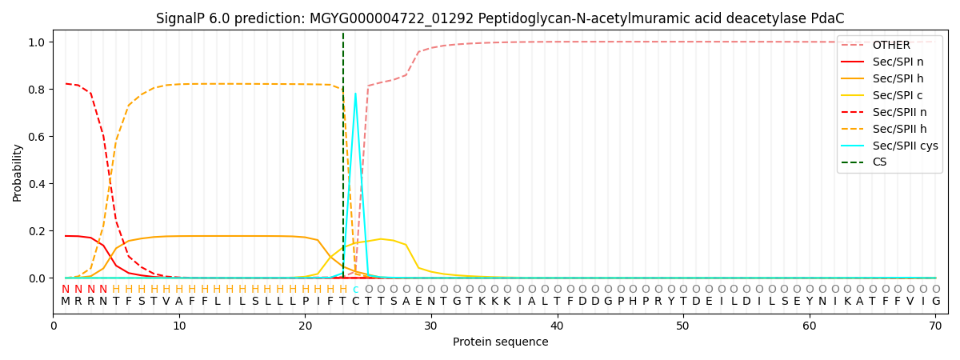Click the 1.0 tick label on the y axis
coord(39,42)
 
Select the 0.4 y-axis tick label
coord(39,184)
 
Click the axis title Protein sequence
coord(501,342)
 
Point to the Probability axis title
coord(18,172)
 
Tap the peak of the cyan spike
coord(355,94)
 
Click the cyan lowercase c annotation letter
coord(355,290)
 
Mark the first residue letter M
coord(66,302)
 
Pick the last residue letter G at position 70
coord(935,302)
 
